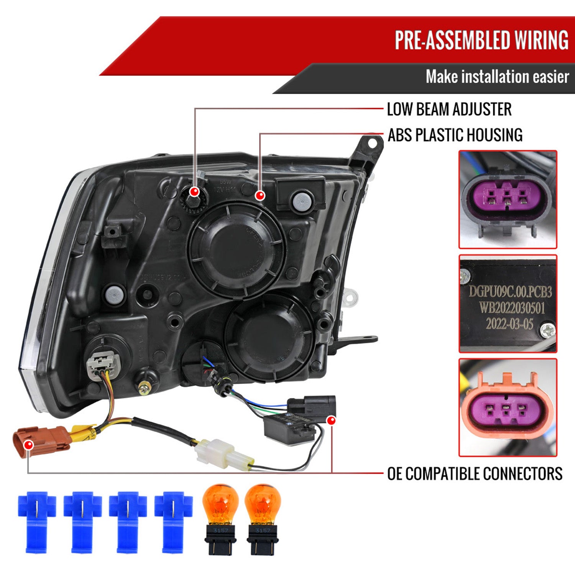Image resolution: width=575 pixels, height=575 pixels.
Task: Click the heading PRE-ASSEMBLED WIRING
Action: coord(481,40)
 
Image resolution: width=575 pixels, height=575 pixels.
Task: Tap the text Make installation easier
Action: coord(497,77)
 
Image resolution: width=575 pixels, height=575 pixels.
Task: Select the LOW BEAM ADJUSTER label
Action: coord(449,109)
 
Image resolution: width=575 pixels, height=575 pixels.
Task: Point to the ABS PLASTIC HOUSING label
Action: coord(455,135)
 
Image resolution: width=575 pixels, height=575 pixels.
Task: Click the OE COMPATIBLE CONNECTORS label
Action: coord(475,474)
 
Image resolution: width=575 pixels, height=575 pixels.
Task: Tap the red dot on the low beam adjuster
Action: coord(195,191)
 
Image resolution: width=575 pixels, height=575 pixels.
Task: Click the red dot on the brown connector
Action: coord(28,445)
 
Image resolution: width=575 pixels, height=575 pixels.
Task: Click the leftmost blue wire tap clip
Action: coord(36,521)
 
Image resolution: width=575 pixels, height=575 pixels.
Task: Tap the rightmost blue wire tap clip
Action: coord(173,521)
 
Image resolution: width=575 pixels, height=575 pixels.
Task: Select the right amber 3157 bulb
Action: coord(263,517)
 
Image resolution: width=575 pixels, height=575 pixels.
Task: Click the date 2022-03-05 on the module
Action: coord(509,324)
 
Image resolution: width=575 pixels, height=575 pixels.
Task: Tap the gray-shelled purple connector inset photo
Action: coord(508,199)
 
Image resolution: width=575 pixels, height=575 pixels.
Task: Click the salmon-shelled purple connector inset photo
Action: coord(508,407)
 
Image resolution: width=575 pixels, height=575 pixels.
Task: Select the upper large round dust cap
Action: coord(236,250)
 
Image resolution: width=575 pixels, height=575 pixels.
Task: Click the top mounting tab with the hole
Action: coord(369,148)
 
